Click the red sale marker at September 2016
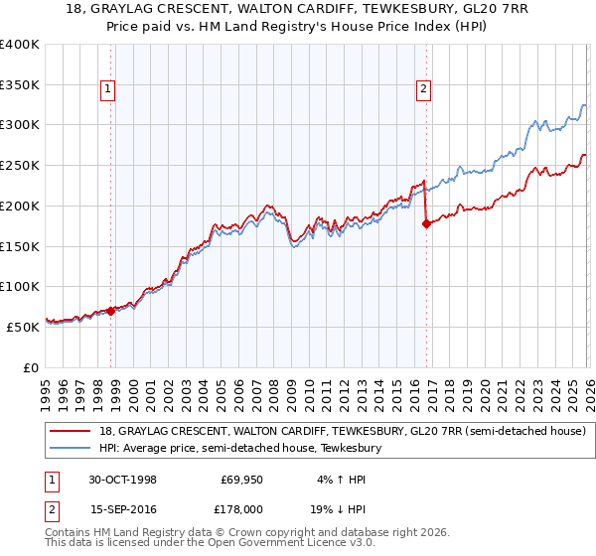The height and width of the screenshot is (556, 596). [x=425, y=224]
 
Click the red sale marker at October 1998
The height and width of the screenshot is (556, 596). [x=111, y=311]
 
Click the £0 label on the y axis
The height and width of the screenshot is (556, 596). [x=30, y=367]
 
